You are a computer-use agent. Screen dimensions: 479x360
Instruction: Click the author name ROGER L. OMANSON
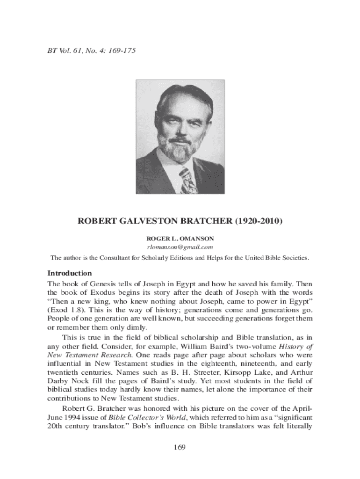coord(180,238)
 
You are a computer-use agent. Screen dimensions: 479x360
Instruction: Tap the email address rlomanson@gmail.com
coord(180,247)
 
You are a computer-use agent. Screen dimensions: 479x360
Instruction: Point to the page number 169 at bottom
coord(180,448)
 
